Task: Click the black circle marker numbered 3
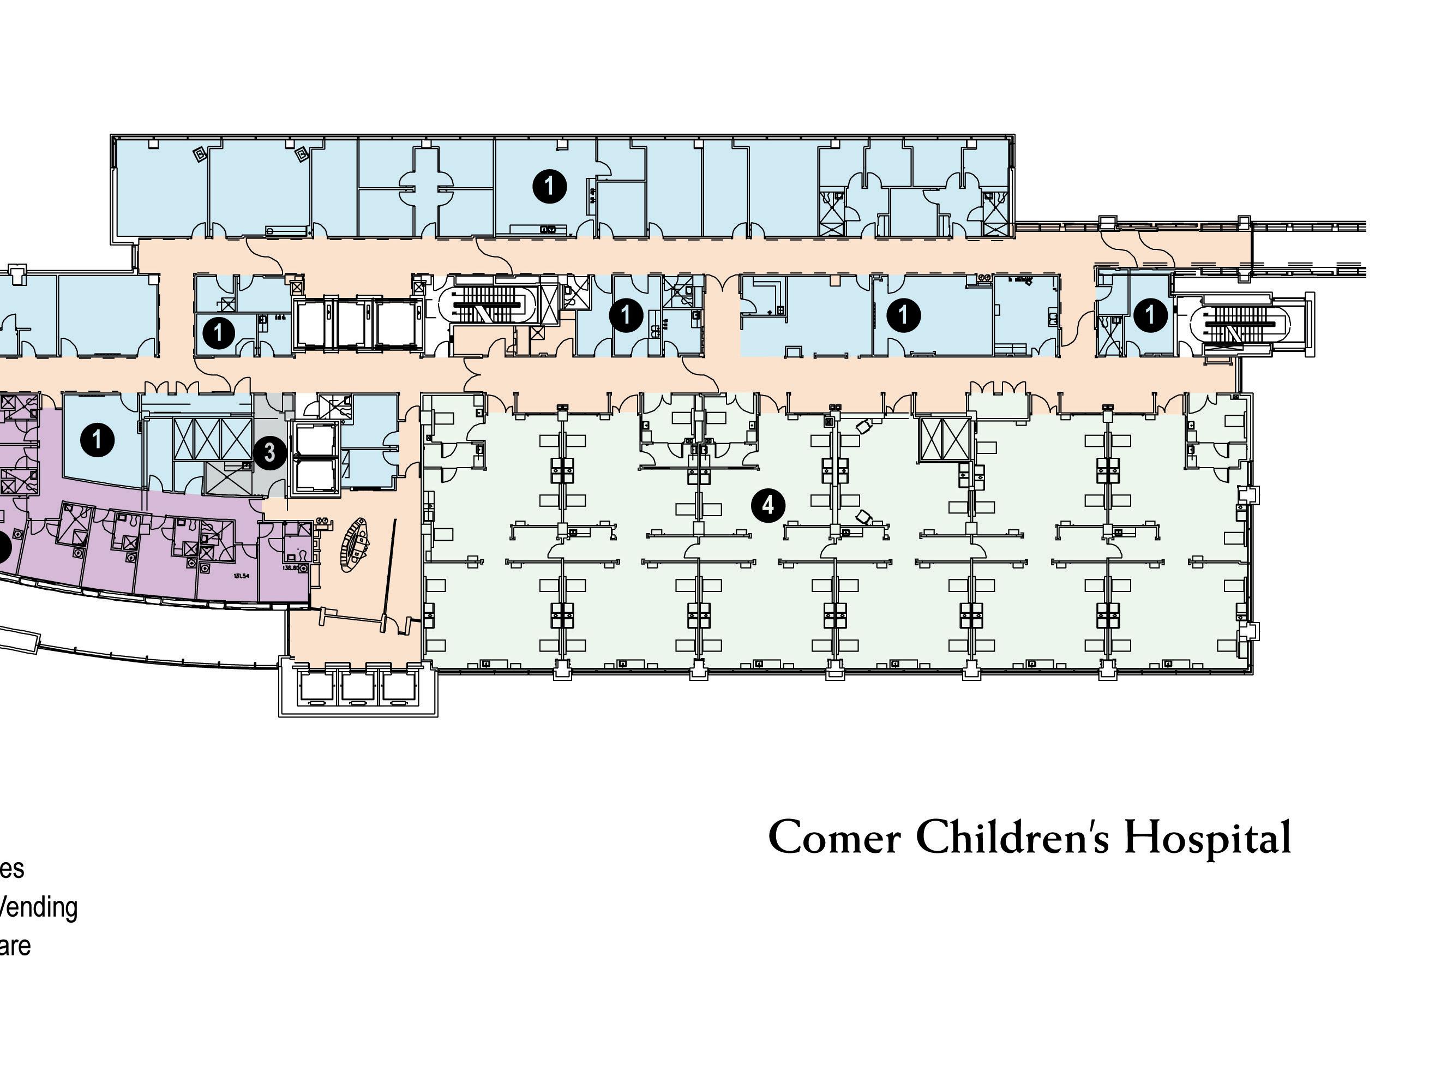pos(269,453)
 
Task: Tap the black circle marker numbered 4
pos(768,505)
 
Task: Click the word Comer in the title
pos(834,838)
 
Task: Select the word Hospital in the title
pos(1208,838)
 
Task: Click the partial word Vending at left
pos(39,907)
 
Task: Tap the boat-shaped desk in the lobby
pos(355,545)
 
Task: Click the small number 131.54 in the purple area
pos(241,576)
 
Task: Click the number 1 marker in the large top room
pos(549,186)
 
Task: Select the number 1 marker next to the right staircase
pos(1150,315)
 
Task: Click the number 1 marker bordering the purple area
pos(97,440)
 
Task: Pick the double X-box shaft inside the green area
pos(945,440)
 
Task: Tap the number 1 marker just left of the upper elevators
pos(218,333)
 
